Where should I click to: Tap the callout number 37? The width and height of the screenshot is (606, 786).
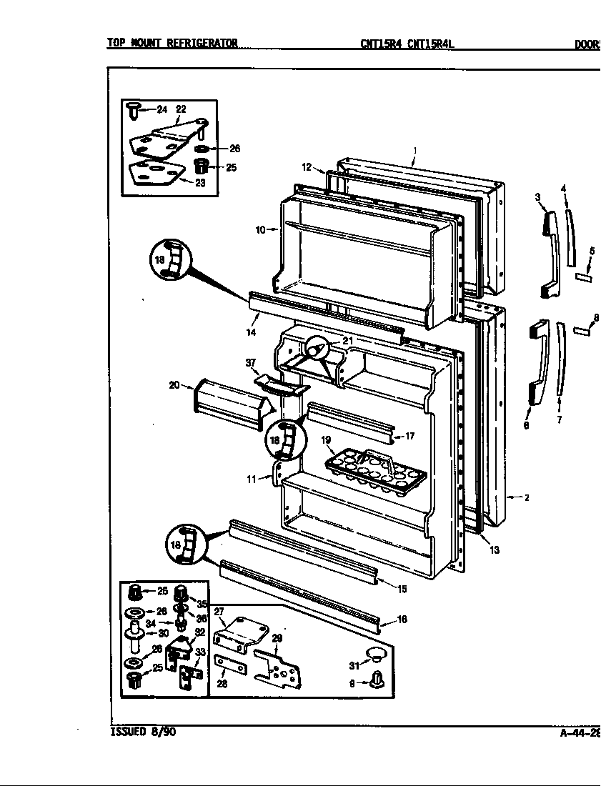tap(251, 363)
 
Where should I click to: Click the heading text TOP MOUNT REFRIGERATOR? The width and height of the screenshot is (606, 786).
tap(172, 44)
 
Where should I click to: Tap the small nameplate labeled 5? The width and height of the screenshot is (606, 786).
tap(582, 276)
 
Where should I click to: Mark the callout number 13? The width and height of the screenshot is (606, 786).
tap(495, 549)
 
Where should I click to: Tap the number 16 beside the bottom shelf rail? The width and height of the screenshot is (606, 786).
tap(402, 620)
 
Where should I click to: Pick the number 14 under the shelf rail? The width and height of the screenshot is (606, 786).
tap(252, 332)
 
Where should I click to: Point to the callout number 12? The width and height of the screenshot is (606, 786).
tap(306, 167)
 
